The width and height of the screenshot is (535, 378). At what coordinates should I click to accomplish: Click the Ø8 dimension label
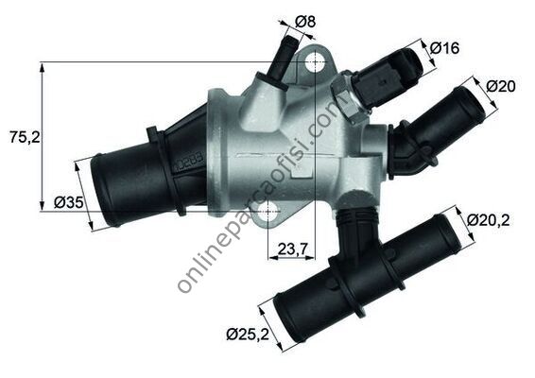coord(305,22)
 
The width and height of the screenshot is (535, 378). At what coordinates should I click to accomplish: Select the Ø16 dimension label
coord(444,48)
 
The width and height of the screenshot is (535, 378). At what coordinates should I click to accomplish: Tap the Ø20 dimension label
coord(501,86)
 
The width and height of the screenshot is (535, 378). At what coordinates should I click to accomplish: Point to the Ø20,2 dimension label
coord(489,220)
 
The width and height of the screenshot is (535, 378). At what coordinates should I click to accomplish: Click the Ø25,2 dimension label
coord(248,334)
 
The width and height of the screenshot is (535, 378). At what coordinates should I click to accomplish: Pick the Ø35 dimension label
coord(69,203)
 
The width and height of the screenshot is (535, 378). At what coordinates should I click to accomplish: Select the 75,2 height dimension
coord(25,137)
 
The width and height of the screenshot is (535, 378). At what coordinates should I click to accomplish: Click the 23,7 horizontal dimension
coord(291,249)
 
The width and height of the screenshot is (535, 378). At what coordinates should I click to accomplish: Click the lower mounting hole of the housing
coord(268,212)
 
